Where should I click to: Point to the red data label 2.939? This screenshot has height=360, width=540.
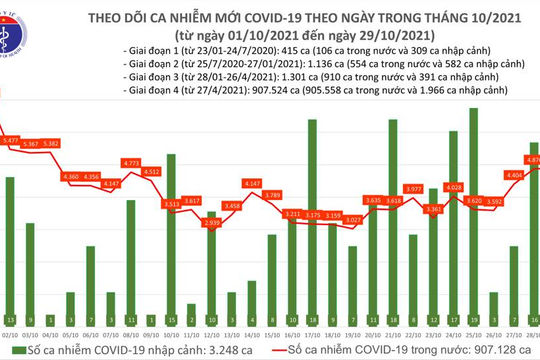210,222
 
